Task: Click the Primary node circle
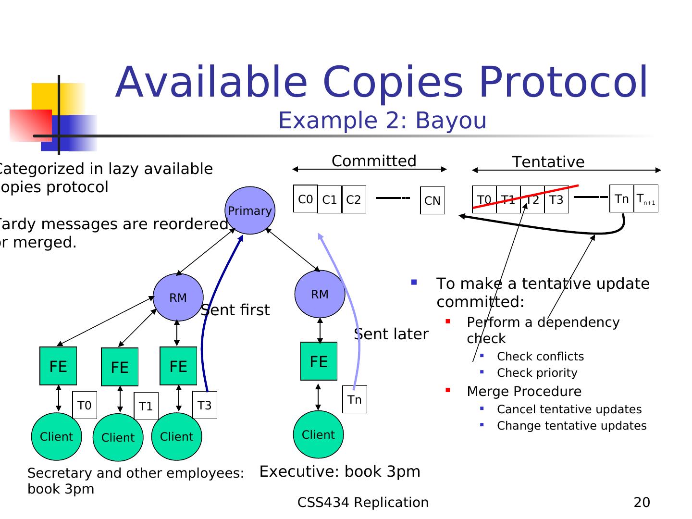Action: [x=250, y=210]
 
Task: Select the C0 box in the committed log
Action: [x=306, y=199]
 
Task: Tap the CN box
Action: [x=432, y=200]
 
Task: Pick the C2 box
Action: [x=354, y=199]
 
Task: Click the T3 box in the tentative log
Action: [x=556, y=199]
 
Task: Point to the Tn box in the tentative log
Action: [x=622, y=198]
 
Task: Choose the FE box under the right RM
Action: [x=319, y=361]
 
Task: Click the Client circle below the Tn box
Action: [x=318, y=434]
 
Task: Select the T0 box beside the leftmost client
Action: [x=85, y=405]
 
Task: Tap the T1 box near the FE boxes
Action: [x=146, y=406]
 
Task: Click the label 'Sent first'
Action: [x=235, y=310]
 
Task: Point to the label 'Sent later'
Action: [x=391, y=334]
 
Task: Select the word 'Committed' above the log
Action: [x=374, y=161]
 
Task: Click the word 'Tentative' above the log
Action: [x=548, y=162]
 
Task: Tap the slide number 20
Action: [x=642, y=502]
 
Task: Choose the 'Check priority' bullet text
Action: [x=537, y=373]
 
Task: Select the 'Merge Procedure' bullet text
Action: [x=524, y=391]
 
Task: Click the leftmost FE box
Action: [x=58, y=366]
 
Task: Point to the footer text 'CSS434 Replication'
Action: [x=363, y=502]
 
